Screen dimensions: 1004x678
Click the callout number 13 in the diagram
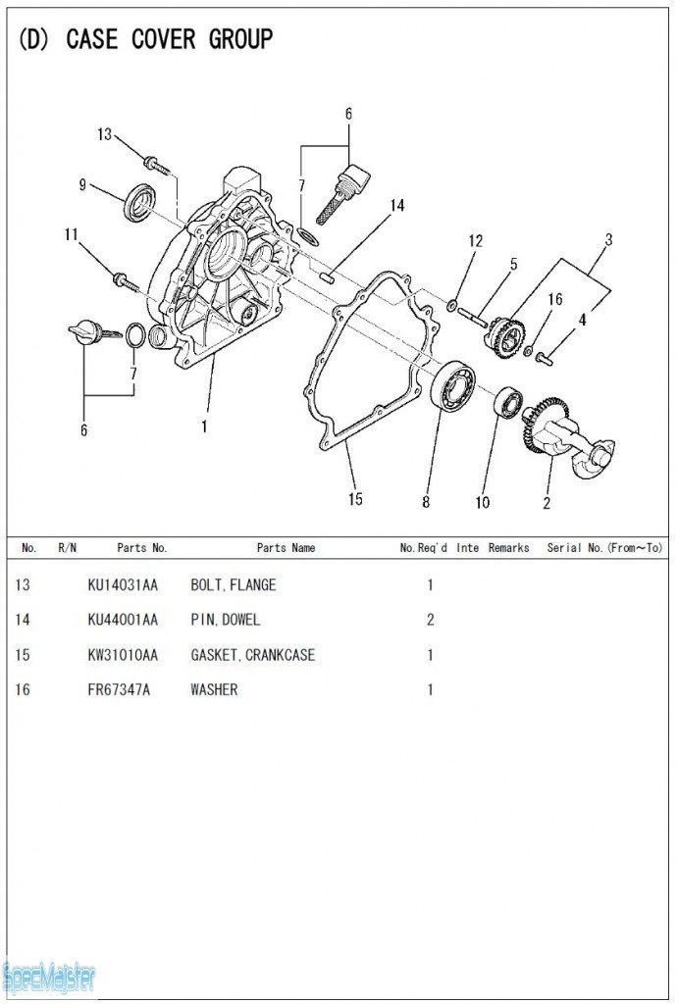coord(104,135)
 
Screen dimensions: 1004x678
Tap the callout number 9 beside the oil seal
coord(83,184)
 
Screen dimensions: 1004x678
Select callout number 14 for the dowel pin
coord(396,206)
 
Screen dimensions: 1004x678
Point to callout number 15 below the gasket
coord(355,499)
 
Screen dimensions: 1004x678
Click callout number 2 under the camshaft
coord(547,503)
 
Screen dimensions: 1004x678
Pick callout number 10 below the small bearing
coord(482,502)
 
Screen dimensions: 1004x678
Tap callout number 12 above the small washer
coord(476,241)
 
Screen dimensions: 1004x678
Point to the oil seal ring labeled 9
coord(138,202)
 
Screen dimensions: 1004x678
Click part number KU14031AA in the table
coord(123,585)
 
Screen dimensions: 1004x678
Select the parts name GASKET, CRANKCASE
coord(252,655)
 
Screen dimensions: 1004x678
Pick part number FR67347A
coord(119,690)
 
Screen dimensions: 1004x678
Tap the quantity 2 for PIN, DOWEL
coord(430,620)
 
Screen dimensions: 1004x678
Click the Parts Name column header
coord(286,548)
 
